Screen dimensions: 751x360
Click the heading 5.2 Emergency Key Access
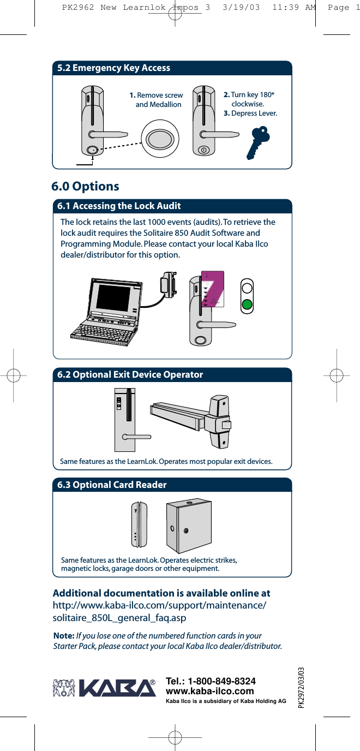(x=114, y=68)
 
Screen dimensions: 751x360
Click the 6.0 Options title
(x=85, y=187)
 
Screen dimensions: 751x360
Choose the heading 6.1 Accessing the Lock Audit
(x=119, y=206)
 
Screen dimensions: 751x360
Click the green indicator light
(x=248, y=305)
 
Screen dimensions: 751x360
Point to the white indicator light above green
(x=248, y=288)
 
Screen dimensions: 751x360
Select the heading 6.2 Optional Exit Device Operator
(x=130, y=375)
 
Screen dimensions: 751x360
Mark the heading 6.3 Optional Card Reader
(x=112, y=485)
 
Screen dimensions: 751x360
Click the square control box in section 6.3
(x=188, y=526)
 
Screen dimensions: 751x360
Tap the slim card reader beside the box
(x=140, y=523)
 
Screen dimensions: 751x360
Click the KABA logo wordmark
(x=117, y=688)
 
